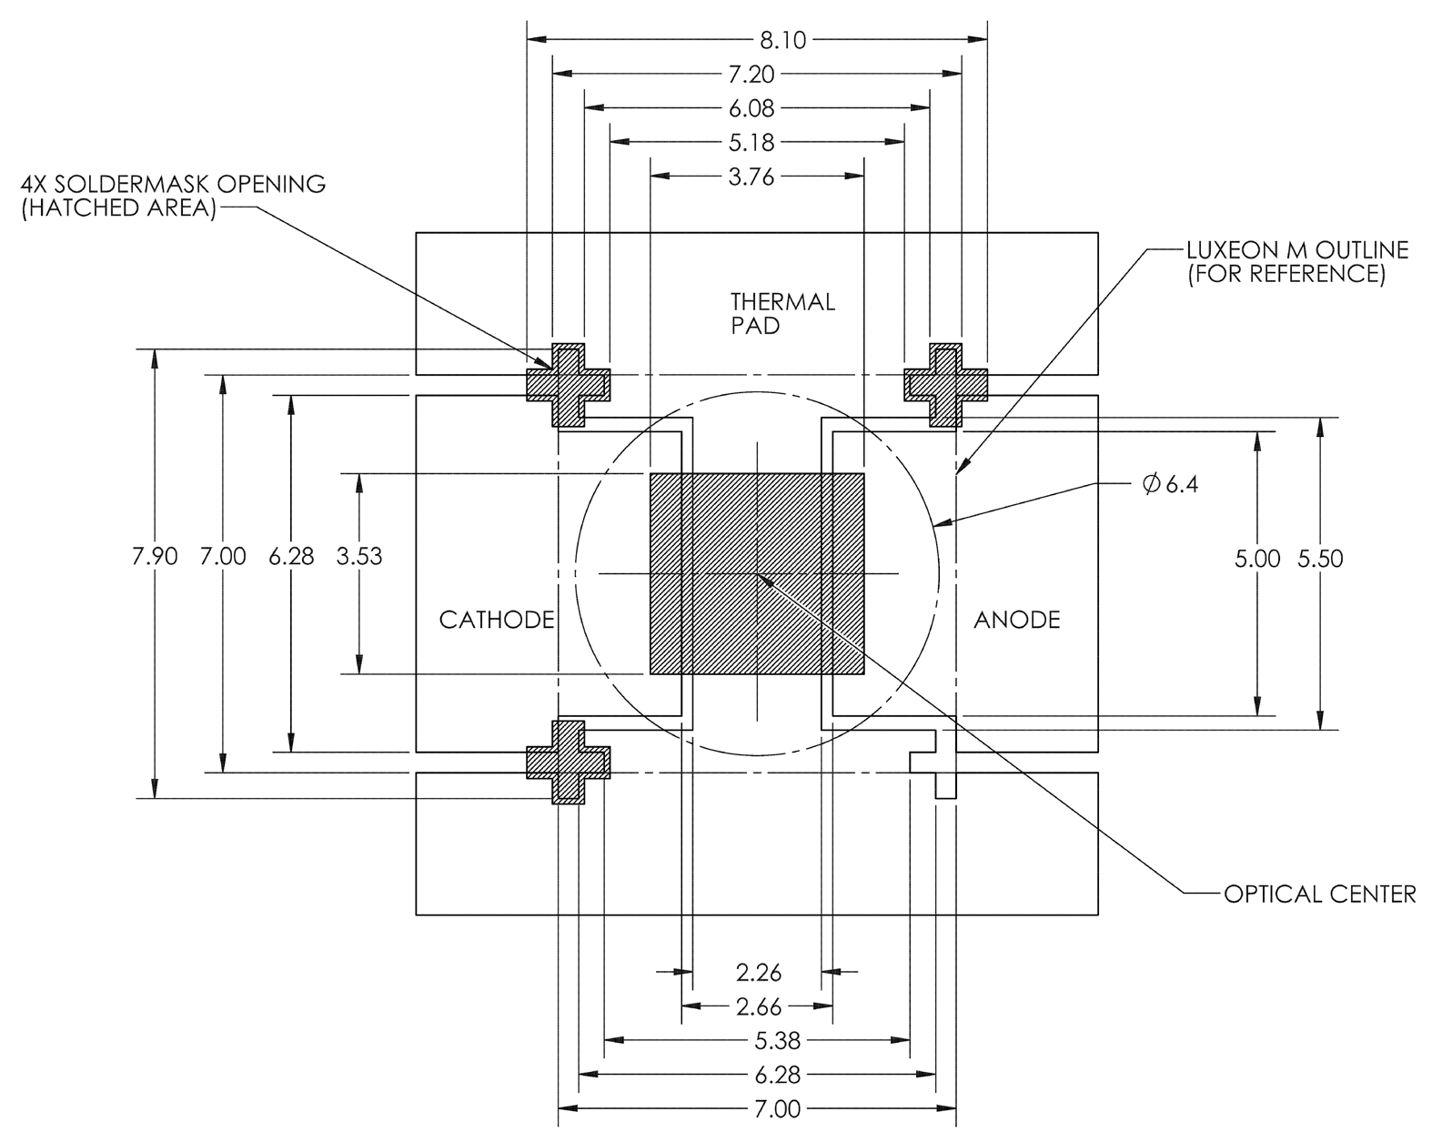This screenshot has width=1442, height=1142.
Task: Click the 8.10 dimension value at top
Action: (x=757, y=40)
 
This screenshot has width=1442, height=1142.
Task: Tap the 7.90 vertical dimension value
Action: (x=155, y=557)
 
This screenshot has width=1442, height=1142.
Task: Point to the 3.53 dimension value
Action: (x=359, y=557)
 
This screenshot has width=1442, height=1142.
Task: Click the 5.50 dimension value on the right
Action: (x=1320, y=559)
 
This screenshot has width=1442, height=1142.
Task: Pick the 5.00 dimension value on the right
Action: (x=1257, y=559)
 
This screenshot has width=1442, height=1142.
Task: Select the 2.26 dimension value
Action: (x=759, y=973)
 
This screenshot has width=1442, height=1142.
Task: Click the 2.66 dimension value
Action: (x=759, y=1006)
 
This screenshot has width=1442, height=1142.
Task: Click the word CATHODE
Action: (x=497, y=621)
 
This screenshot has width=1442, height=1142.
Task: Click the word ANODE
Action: (x=1017, y=621)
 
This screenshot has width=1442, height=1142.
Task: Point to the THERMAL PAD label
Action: (x=782, y=313)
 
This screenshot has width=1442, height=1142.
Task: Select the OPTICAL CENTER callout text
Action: (x=1319, y=894)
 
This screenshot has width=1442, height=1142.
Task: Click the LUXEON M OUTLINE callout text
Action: (x=1296, y=261)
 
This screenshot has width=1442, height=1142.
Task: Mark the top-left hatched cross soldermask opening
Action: (x=569, y=385)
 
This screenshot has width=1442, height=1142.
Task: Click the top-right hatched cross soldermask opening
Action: (x=945, y=385)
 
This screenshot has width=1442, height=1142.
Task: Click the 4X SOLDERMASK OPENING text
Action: (x=173, y=196)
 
